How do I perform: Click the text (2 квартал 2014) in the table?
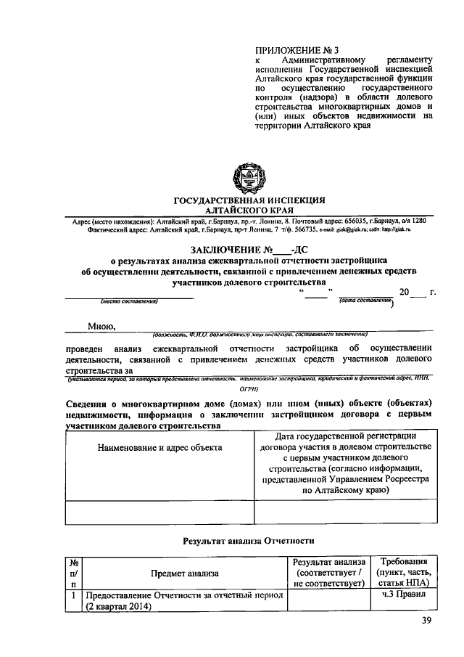pos(120,607)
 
